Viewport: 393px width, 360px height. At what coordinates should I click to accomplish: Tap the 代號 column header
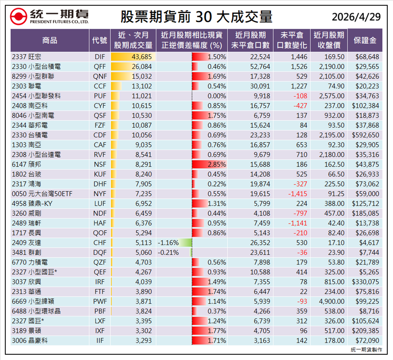pos(100,40)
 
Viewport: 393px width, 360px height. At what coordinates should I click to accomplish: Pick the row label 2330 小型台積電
pos(36,67)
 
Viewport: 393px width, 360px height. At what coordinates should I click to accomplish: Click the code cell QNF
pos(100,76)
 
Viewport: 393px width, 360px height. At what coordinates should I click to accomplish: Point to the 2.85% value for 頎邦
pos(217,164)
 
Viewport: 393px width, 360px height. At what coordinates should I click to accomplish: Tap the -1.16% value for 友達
pos(168,242)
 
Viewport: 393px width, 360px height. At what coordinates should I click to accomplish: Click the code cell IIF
pos(100,340)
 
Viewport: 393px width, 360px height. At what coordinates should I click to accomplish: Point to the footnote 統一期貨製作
pos(366,350)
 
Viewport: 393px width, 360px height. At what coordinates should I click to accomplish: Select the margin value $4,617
pos(369,242)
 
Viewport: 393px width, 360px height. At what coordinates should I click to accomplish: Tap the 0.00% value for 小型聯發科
pos(217,96)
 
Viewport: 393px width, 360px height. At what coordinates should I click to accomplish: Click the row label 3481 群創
pos(27,252)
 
